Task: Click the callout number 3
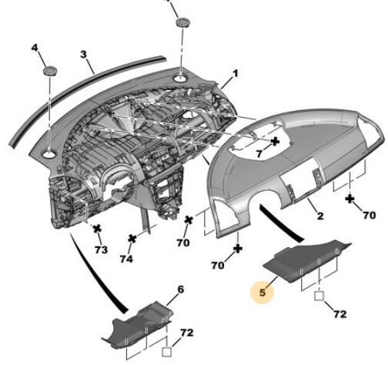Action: pos(84,55)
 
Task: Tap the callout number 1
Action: pos(236,74)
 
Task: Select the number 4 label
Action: pos(35,48)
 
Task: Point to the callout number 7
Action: pos(259,154)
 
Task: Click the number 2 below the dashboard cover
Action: pos(320,216)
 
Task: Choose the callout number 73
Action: pos(101,249)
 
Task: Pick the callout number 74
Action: pos(126,259)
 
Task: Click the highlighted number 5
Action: pos(263,293)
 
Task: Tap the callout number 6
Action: pos(181,290)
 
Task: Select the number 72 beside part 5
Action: pos(339,314)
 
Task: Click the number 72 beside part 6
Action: pos(186,333)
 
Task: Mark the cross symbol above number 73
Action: pos(97,229)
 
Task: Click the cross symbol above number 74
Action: pos(132,239)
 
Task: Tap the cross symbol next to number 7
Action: pos(275,141)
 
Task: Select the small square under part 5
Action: pos(319,296)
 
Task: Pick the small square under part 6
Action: pos(166,352)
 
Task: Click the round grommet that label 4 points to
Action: pos(49,70)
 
